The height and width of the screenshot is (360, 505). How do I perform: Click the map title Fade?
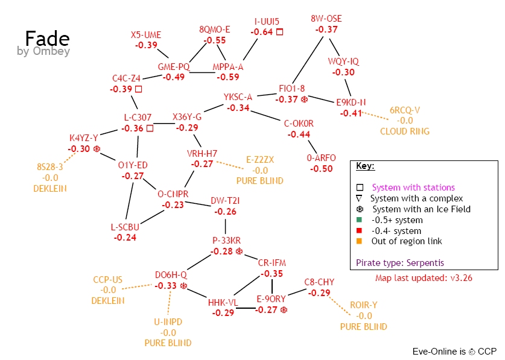pyautogui.click(x=47, y=38)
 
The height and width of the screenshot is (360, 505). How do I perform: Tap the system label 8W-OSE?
pyautogui.click(x=326, y=19)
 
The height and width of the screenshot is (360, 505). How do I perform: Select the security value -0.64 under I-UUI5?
pyautogui.click(x=262, y=32)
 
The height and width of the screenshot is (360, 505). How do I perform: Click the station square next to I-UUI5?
pyautogui.click(x=279, y=31)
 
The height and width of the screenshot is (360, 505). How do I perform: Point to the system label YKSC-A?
pyautogui.click(x=238, y=96)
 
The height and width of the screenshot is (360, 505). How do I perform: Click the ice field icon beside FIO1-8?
pyautogui.click(x=304, y=99)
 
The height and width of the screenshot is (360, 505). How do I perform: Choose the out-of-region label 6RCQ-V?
pyautogui.click(x=405, y=110)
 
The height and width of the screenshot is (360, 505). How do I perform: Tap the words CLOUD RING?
pyautogui.click(x=405, y=131)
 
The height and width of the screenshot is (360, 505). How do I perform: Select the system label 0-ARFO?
pyautogui.click(x=321, y=158)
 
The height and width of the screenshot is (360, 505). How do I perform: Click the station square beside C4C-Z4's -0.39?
pyautogui.click(x=138, y=89)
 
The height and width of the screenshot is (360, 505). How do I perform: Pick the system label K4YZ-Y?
pyautogui.click(x=84, y=137)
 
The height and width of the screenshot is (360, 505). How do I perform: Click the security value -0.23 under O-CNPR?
pyautogui.click(x=173, y=205)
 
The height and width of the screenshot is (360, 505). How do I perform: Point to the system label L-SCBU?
pyautogui.click(x=125, y=227)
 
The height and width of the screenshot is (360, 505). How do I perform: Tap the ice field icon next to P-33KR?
pyautogui.click(x=240, y=251)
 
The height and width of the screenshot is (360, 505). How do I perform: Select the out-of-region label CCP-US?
pyautogui.click(x=108, y=279)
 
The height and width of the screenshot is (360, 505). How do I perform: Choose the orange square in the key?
pyautogui.click(x=359, y=241)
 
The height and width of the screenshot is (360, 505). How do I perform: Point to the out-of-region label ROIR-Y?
pyautogui.click(x=364, y=305)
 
